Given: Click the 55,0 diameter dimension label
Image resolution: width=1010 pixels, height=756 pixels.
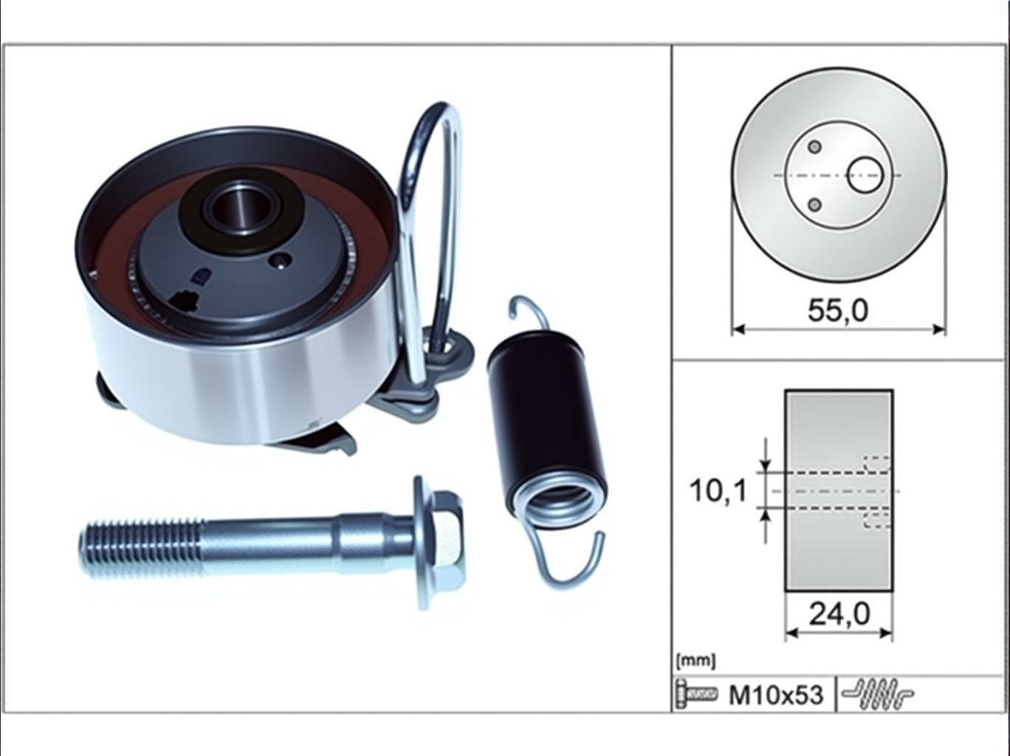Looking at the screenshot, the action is [x=838, y=311].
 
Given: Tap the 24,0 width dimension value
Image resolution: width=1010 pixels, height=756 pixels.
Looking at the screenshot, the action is [x=839, y=614].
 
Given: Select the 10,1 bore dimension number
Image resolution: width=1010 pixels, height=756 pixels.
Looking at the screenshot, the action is [x=718, y=491].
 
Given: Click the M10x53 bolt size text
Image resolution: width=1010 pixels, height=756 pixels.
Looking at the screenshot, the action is [x=776, y=695].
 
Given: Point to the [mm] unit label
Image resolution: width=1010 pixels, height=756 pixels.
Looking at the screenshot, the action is [x=696, y=661].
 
